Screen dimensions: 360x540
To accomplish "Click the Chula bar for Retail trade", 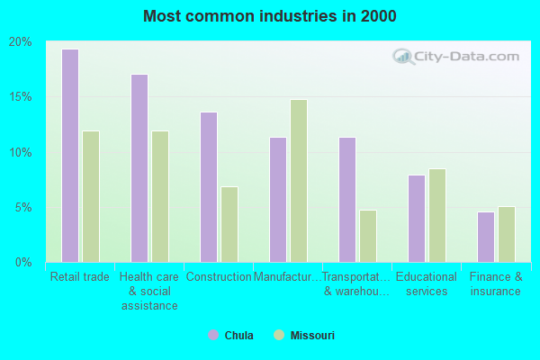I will tap(70, 156).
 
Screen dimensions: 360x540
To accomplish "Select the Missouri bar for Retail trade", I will tap(91, 196).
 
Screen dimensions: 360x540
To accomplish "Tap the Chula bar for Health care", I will tap(139, 168).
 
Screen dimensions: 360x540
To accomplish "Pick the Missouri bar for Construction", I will tap(229, 224).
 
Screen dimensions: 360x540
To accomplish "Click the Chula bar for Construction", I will tap(209, 187).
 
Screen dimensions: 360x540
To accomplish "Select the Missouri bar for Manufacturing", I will tap(299, 181).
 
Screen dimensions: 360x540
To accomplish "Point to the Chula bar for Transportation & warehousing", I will tap(347, 200).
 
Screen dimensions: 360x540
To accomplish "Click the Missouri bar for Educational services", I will tap(437, 215).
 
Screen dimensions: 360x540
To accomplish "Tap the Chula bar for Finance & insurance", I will tap(486, 237).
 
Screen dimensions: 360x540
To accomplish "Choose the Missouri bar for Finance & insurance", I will tap(507, 234).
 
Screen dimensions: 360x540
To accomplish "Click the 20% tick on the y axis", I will tap(21, 42).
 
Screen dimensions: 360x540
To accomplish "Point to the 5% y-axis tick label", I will tap(23, 207).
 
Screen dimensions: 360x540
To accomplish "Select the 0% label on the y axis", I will tap(23, 262).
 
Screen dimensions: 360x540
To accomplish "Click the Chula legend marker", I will tap(213, 336).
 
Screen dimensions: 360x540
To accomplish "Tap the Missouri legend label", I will tap(312, 336).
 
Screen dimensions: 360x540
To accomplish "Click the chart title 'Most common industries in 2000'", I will tap(269, 16).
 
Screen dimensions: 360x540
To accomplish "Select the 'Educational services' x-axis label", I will tap(427, 283).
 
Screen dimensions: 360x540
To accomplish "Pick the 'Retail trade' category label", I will tap(80, 277).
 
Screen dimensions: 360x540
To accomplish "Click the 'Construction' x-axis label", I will tap(219, 277).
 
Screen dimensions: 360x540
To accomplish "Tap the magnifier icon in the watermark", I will tap(404, 57).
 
